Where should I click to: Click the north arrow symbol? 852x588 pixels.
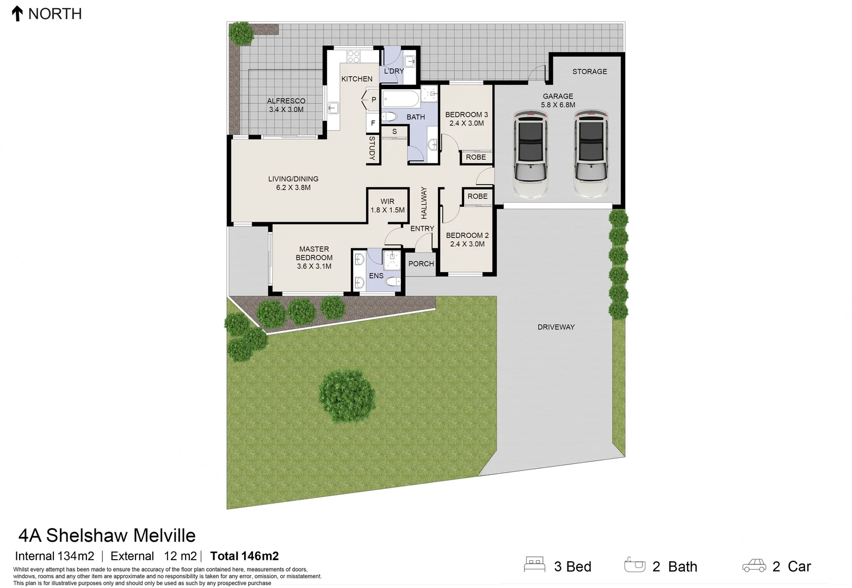coord(17,14)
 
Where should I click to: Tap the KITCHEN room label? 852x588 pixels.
coord(357,79)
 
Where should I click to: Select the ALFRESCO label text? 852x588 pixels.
coord(286,101)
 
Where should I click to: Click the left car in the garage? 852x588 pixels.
coord(530,154)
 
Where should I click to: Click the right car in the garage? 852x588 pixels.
coord(591,154)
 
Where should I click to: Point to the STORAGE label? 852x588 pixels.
coord(589,71)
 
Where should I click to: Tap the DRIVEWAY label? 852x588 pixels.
coord(556,327)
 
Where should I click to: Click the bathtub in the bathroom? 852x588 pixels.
coord(401,99)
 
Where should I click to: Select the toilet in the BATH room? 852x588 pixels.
coord(388,117)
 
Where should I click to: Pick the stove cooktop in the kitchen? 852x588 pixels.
coord(354,57)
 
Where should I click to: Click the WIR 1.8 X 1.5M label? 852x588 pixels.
coord(387,206)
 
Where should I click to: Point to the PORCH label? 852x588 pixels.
coord(421,264)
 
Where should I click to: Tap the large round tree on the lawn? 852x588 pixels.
coord(347,395)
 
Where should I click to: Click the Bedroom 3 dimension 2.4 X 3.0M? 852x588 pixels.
coord(467,124)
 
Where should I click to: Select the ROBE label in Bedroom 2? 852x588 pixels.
coord(477,197)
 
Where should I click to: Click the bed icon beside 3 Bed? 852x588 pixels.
coord(534,565)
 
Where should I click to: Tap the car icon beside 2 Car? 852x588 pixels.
coord(754,566)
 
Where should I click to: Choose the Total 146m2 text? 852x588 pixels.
coord(244,556)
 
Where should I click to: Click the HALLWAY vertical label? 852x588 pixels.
coord(424,203)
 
